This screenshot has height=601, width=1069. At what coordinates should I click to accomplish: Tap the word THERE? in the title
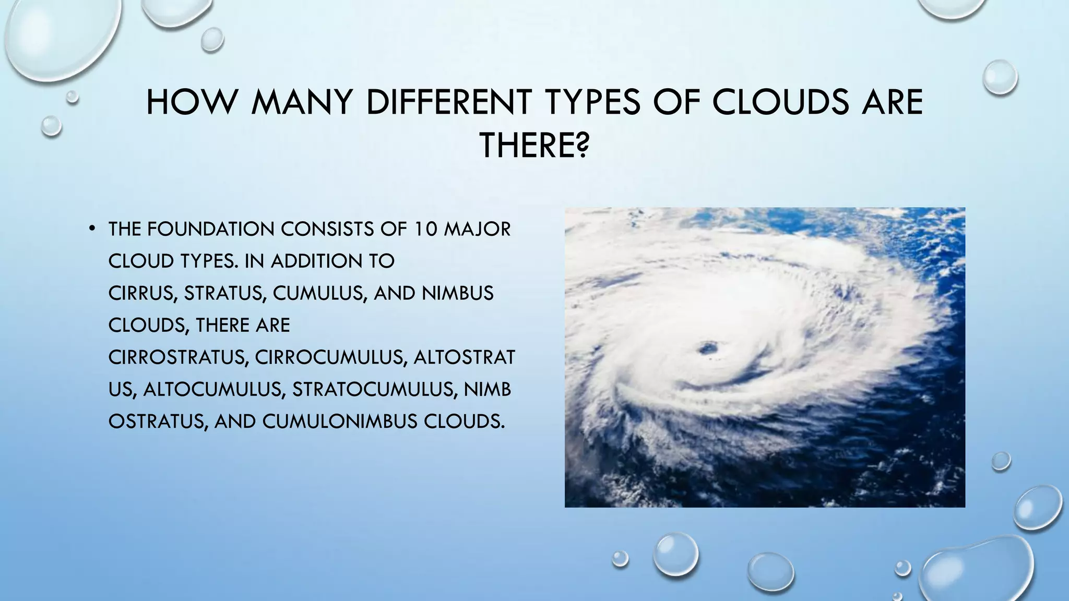click(x=534, y=146)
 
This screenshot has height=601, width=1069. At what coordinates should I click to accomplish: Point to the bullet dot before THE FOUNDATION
click(x=91, y=228)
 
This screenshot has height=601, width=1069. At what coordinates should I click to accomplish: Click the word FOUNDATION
click(x=211, y=229)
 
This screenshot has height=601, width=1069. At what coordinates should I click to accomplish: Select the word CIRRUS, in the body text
click(x=142, y=294)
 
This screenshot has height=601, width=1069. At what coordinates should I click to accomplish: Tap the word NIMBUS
click(x=458, y=294)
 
